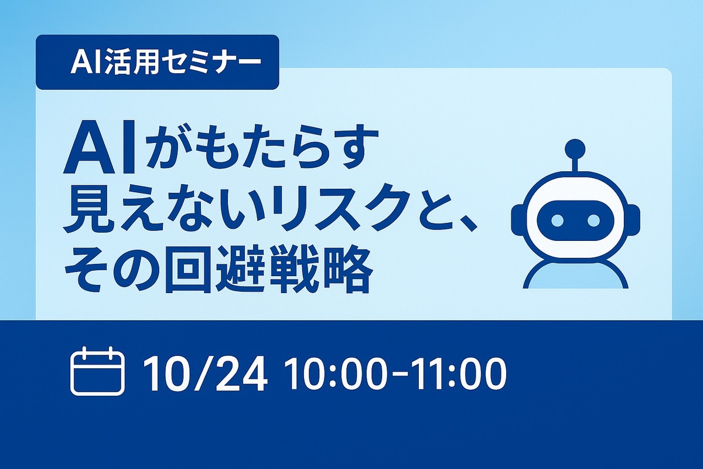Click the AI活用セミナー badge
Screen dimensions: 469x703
click(x=157, y=62)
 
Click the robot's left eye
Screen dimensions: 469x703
click(x=557, y=220)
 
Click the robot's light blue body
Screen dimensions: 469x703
click(x=576, y=276)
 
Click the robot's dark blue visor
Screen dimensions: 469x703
click(x=576, y=220)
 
